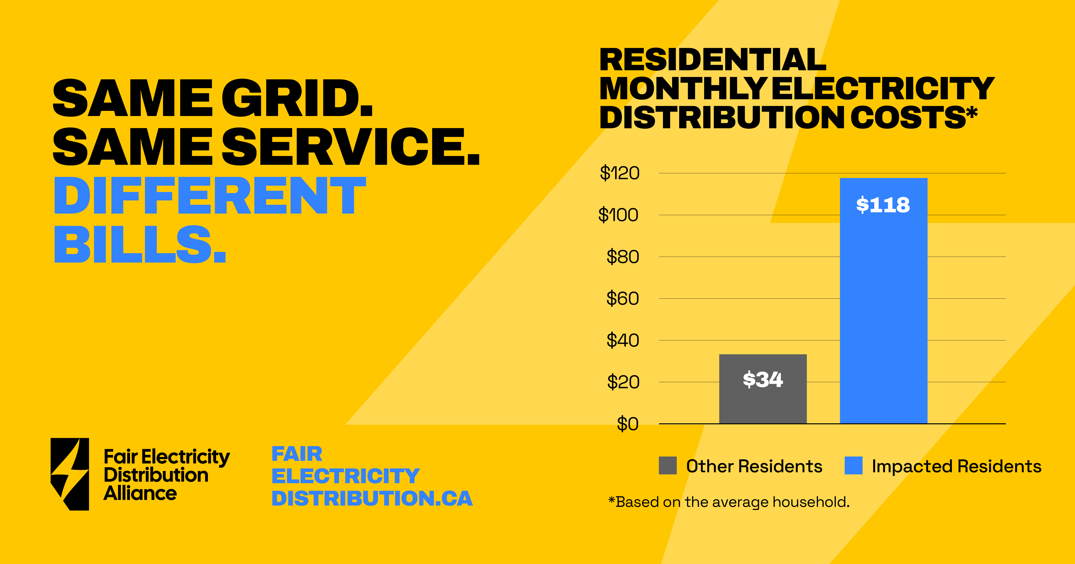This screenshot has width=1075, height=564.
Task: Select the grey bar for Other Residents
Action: coord(763,389)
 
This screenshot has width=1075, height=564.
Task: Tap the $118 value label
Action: coord(883,205)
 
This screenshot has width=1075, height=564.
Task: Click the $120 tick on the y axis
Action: coord(619,173)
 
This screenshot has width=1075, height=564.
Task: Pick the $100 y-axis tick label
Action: coord(619,215)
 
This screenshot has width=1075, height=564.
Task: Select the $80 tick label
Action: coord(623,257)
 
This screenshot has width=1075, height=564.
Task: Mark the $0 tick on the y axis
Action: coord(628,424)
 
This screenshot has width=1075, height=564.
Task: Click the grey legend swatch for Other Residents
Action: coord(668,466)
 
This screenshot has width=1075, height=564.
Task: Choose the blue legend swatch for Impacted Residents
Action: coord(853,466)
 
